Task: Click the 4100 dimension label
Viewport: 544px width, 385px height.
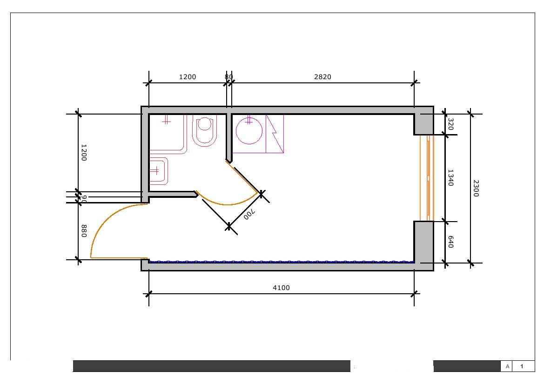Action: [281, 287]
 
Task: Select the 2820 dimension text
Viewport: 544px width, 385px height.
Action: [322, 77]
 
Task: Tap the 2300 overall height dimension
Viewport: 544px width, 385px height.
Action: [476, 188]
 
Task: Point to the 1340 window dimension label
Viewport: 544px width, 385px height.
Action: [450, 178]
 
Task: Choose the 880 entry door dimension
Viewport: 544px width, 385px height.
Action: [84, 231]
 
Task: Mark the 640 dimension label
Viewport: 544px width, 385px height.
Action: [450, 242]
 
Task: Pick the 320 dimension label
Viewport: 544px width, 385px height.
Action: [450, 124]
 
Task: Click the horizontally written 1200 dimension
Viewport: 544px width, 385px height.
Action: [188, 77]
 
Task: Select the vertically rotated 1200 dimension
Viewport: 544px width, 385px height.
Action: [84, 152]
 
